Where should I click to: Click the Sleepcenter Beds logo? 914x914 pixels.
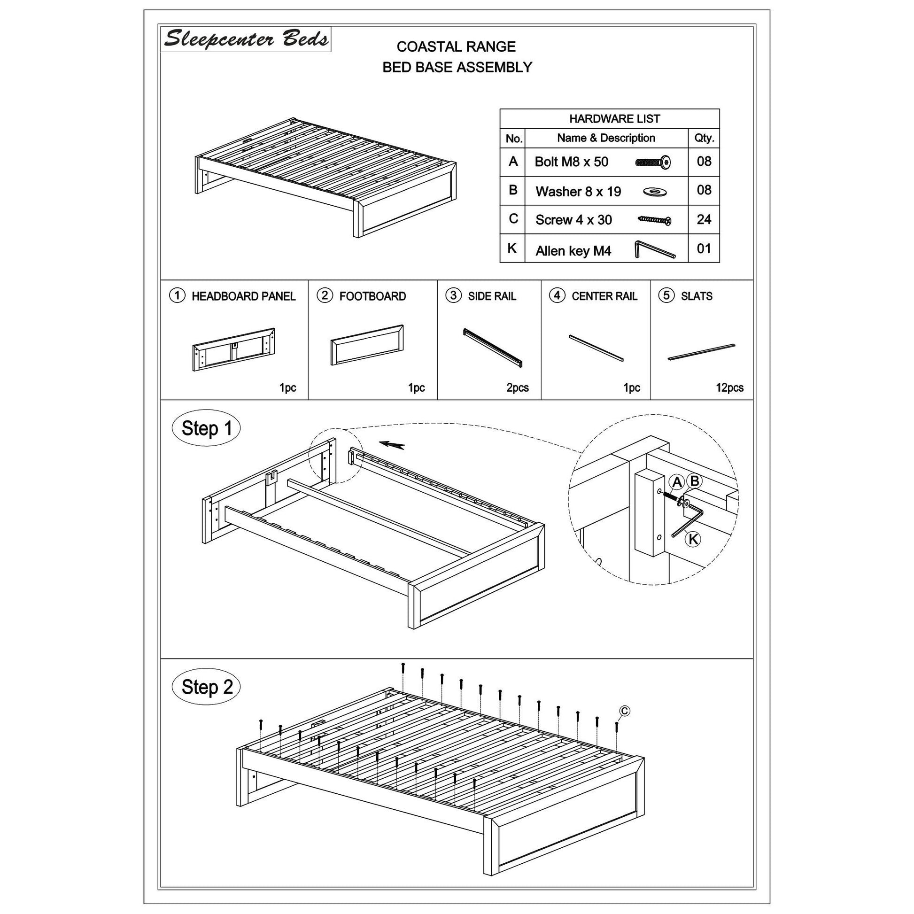(x=246, y=39)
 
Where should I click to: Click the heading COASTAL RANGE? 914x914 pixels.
(x=456, y=47)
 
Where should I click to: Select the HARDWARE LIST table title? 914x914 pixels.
(x=614, y=119)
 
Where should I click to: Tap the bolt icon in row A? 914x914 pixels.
(x=653, y=162)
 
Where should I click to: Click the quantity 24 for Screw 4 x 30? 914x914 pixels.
(x=704, y=219)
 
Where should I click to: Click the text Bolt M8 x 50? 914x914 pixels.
(x=571, y=162)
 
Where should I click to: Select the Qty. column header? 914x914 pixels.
(x=704, y=138)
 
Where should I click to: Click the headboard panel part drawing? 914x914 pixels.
(x=234, y=349)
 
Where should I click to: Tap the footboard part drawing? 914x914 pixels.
(x=367, y=345)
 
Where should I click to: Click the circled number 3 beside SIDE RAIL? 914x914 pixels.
(x=453, y=296)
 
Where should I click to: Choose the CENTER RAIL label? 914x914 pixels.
(x=604, y=296)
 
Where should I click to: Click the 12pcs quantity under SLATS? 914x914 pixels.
(x=729, y=388)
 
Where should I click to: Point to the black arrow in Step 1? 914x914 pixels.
(x=392, y=445)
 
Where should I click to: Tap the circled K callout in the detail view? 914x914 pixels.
(x=693, y=539)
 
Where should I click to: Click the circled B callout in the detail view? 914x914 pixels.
(x=695, y=481)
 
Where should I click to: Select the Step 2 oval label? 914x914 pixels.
(x=207, y=687)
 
